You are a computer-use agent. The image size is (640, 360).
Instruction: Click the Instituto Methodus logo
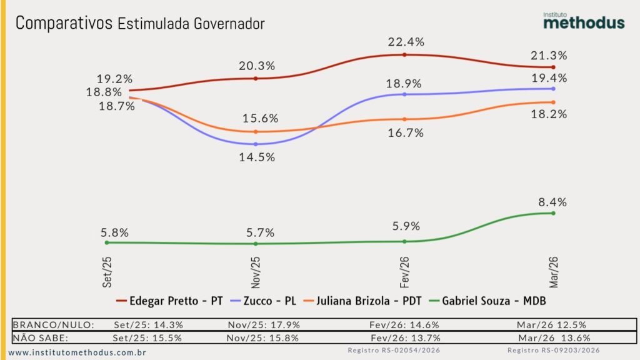coord(583,19)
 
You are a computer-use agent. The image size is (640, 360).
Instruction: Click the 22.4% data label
coord(405,42)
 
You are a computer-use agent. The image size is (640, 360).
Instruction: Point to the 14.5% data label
coord(257,157)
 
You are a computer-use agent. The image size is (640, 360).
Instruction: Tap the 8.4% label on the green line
coord(552,202)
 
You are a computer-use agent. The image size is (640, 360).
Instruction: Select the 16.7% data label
coord(404,132)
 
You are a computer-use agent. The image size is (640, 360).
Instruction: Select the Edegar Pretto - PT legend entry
coord(169,301)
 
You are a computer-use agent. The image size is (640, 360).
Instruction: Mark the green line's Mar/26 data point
coord(553,213)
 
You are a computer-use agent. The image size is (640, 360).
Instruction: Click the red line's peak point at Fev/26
coord(405,55)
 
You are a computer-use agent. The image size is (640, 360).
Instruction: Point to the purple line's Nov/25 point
coord(256,144)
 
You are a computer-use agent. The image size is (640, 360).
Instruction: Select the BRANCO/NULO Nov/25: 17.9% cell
coord(266,325)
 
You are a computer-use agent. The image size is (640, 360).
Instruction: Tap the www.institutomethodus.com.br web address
coord(77,353)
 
